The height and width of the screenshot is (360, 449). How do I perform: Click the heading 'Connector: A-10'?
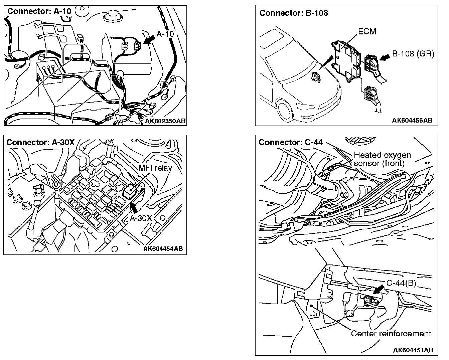39,11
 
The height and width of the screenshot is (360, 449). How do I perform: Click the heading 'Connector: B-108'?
294,13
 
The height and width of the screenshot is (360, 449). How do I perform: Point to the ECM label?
367,31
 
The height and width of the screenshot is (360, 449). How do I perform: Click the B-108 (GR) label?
413,54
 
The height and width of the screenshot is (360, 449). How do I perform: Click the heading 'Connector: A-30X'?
40,142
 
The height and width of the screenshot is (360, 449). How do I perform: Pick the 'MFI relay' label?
155,168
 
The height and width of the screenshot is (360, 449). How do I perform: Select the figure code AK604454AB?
163,248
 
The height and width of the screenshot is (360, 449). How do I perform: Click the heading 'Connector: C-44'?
291,142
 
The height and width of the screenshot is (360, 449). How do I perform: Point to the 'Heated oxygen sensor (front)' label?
382,159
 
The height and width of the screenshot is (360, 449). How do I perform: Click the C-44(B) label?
401,283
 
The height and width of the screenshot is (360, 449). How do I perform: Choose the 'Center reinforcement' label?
391,333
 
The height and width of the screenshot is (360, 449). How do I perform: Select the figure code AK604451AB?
413,350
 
